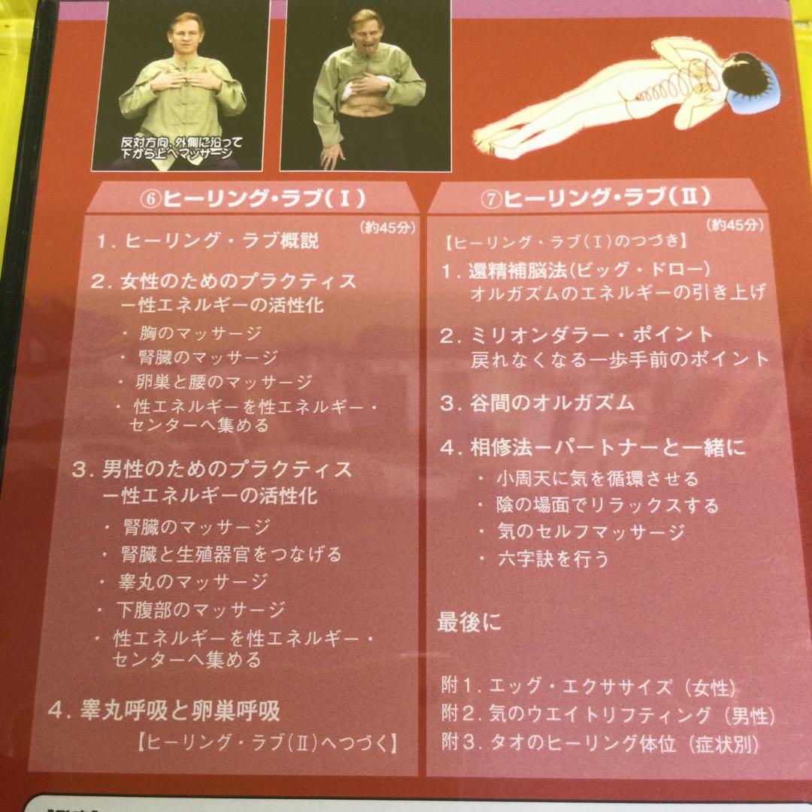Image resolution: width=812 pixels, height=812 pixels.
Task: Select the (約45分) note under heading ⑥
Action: (383, 228)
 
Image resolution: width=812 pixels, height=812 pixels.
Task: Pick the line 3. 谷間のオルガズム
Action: (537, 402)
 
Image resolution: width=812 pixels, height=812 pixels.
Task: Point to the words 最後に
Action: (469, 623)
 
